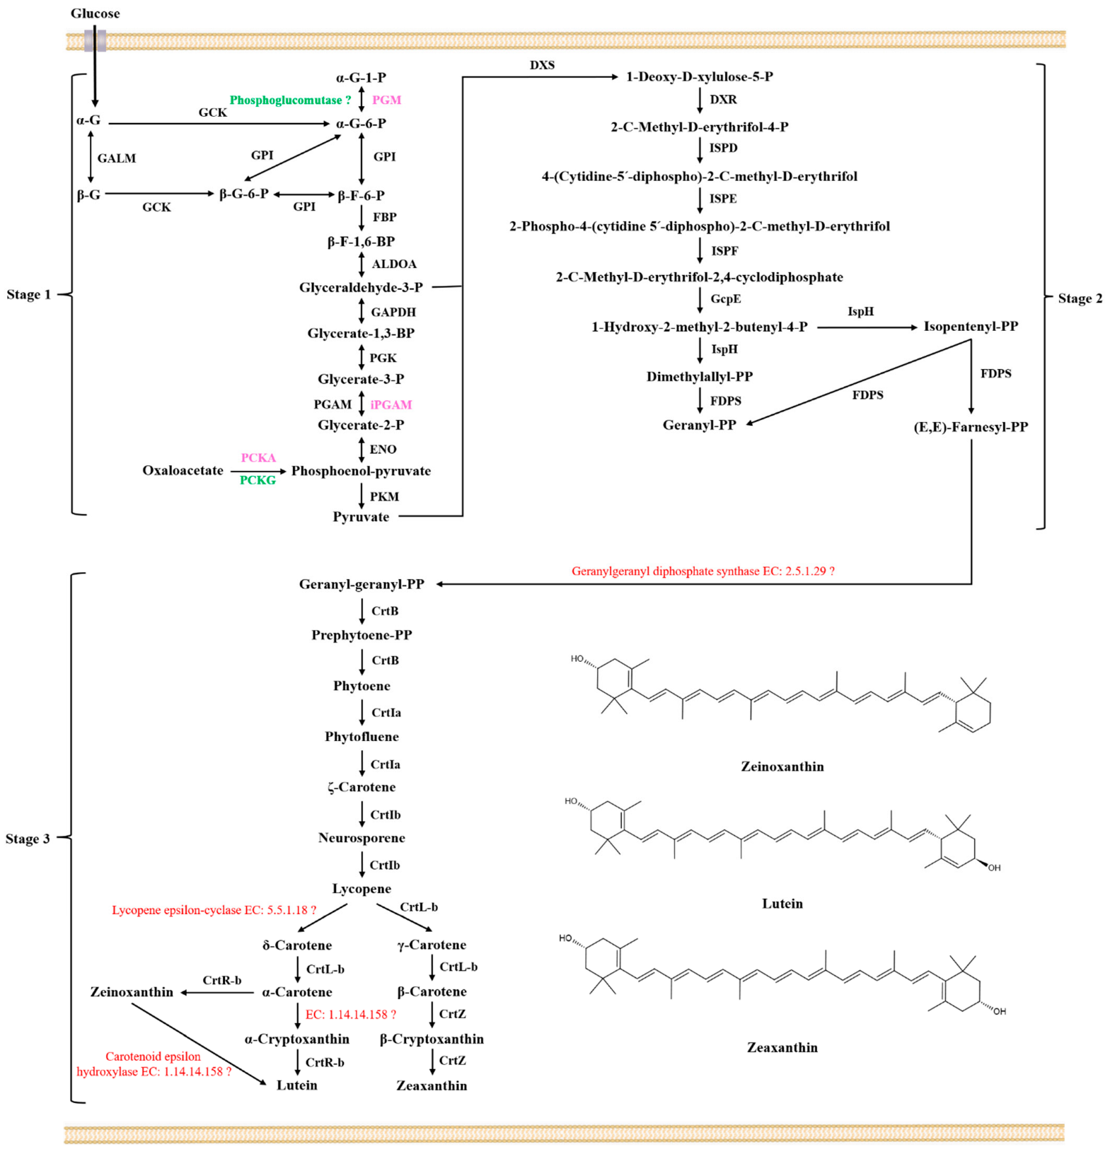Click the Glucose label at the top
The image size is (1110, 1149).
point(95,13)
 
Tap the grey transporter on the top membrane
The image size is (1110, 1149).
point(95,40)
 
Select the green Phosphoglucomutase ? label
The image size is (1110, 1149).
point(290,100)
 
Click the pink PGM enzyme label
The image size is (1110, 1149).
point(386,100)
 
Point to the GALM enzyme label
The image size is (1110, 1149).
point(117,158)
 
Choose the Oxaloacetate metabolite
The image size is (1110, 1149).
point(183,470)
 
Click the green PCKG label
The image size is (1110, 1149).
point(258,481)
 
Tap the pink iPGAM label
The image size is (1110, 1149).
point(391,404)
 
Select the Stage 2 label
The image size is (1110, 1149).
point(1080,298)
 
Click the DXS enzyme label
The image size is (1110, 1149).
point(542,65)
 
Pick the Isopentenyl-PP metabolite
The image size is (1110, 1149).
point(970,326)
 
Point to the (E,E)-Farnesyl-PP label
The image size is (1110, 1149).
point(970,427)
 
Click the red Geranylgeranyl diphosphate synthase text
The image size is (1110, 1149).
point(703,571)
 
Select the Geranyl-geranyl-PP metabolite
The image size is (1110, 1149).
point(362,584)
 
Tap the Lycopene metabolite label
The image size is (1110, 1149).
point(362,889)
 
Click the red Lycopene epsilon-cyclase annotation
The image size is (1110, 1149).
point(214,910)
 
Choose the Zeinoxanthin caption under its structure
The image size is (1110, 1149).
point(782,766)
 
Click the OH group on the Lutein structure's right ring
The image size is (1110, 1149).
point(994,868)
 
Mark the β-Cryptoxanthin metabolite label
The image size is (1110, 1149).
point(432,1039)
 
